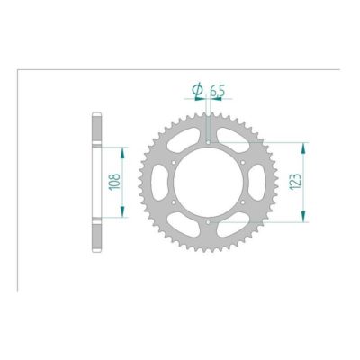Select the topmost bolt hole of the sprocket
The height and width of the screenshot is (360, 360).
coord(208,141)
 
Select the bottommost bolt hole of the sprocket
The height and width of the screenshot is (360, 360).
coord(208,222)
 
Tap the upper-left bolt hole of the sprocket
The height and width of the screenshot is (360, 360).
coord(173,162)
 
